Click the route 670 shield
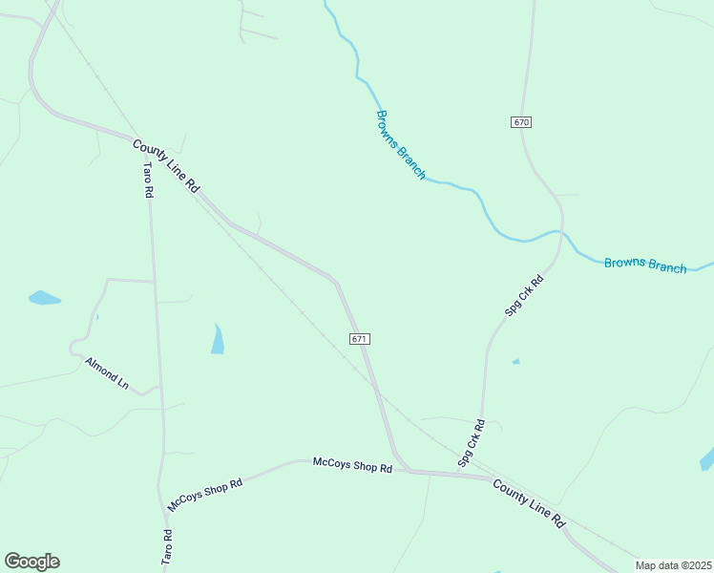(x=520, y=122)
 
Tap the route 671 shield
(x=359, y=339)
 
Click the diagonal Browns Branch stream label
(x=400, y=145)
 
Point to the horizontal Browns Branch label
(x=645, y=265)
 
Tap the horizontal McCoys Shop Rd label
(x=352, y=465)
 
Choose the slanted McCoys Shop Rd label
(x=205, y=495)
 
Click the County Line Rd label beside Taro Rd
(x=166, y=166)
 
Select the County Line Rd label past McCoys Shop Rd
(x=530, y=503)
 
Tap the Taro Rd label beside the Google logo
(x=167, y=545)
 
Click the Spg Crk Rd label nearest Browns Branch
(x=524, y=295)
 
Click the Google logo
(x=31, y=562)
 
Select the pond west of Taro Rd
(x=44, y=298)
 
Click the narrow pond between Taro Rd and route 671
(x=218, y=339)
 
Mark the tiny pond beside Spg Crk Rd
(x=516, y=362)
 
